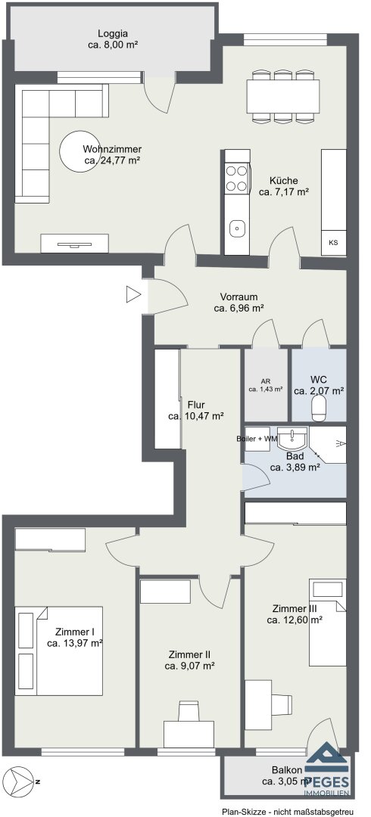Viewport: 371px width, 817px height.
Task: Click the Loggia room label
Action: (112, 33)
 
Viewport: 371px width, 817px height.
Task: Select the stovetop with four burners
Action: (236, 178)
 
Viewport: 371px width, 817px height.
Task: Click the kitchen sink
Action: (238, 227)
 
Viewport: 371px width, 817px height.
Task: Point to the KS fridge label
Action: (333, 242)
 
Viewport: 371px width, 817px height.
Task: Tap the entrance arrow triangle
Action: (133, 295)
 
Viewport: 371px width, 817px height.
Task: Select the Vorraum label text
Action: (238, 297)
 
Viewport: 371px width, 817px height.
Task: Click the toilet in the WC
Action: (318, 409)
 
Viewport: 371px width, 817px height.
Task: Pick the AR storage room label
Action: (266, 381)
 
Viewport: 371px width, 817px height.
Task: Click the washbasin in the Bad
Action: (292, 440)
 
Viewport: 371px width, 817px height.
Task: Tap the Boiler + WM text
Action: (256, 439)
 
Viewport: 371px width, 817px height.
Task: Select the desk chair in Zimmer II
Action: (189, 711)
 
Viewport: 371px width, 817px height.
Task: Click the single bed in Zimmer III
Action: (328, 622)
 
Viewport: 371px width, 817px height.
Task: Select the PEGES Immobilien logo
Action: (326, 770)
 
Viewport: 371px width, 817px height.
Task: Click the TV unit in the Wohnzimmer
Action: (75, 244)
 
